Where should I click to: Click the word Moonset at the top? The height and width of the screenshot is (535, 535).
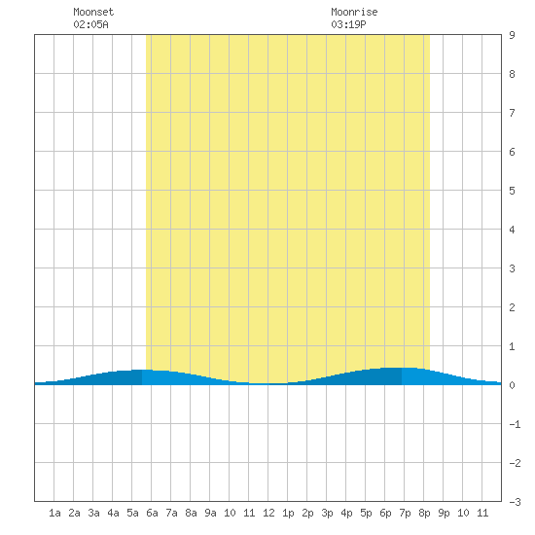(93, 12)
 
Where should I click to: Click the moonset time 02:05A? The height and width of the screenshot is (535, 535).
(90, 24)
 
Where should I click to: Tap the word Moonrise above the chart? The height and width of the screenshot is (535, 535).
(354, 12)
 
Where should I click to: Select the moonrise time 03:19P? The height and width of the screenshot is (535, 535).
(348, 24)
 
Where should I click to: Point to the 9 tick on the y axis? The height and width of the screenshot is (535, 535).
(512, 35)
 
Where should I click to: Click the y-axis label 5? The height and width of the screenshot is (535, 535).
(512, 191)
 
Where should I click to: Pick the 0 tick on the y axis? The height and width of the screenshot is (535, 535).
(512, 385)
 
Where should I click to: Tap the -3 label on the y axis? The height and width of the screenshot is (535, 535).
(515, 502)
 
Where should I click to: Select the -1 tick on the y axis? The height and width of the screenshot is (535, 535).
(515, 424)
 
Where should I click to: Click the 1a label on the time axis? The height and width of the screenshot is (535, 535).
(54, 513)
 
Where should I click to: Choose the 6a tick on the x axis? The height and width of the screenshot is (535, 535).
(152, 513)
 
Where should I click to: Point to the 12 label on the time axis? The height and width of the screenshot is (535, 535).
(268, 513)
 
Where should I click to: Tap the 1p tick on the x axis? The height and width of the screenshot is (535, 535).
(288, 513)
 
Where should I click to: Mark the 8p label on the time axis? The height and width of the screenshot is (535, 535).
(424, 513)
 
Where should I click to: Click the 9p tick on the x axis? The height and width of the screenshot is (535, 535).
(444, 513)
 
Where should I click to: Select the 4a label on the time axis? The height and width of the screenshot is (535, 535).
(113, 513)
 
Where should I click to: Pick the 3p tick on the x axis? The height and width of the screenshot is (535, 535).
(327, 513)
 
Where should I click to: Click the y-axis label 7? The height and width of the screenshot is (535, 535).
(512, 113)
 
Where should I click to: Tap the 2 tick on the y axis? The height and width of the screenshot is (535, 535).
(512, 307)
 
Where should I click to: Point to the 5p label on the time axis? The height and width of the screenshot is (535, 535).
(366, 513)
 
